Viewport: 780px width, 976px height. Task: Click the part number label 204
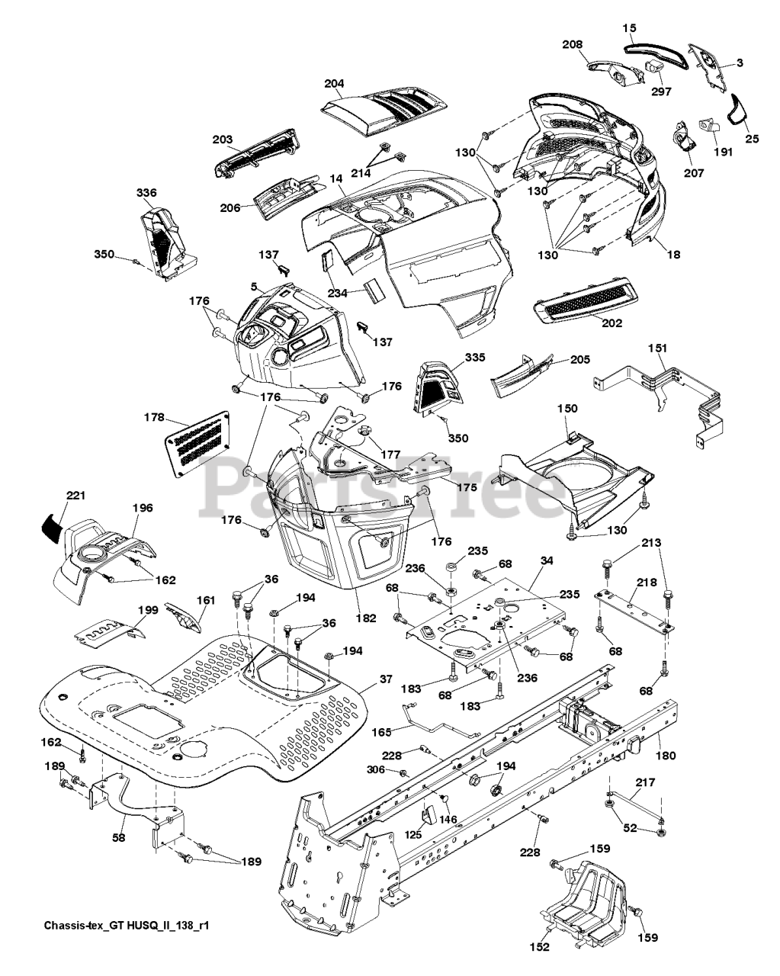click(334, 83)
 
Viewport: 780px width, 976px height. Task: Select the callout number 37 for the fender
click(386, 678)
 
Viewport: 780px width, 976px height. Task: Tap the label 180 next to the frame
click(666, 756)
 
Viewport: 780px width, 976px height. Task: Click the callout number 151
click(657, 348)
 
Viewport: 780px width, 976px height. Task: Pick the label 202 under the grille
click(611, 323)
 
